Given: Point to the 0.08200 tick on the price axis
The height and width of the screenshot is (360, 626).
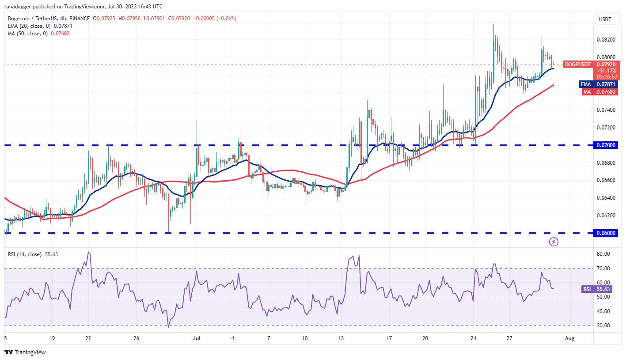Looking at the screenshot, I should pyautogui.click(x=606, y=39).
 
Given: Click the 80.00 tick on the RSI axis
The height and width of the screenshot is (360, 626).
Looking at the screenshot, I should pyautogui.click(x=604, y=254).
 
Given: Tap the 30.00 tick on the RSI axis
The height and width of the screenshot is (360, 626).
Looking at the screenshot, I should pyautogui.click(x=604, y=325).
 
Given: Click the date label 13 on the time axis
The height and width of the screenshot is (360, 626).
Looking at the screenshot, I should pyautogui.click(x=341, y=338).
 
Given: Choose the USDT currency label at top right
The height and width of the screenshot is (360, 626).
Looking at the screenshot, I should pyautogui.click(x=605, y=19).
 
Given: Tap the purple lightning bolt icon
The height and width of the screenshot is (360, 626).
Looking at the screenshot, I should pyautogui.click(x=554, y=242).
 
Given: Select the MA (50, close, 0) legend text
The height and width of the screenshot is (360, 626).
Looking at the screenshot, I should pyautogui.click(x=27, y=33).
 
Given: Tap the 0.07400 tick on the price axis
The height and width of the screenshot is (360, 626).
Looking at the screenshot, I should pyautogui.click(x=606, y=110).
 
